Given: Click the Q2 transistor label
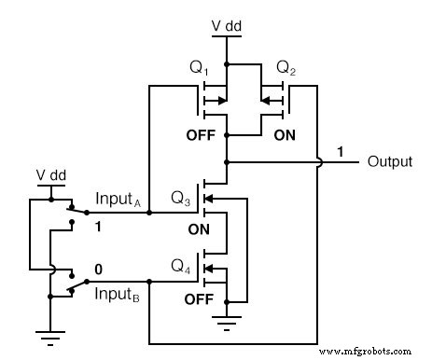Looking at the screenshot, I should [280, 70].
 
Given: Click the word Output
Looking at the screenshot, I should [390, 161].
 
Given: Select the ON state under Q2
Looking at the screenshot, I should [286, 134].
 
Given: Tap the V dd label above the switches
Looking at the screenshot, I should [49, 174].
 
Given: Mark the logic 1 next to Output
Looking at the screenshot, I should [341, 151].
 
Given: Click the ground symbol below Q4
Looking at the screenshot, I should [226, 324].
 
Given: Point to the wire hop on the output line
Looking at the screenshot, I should [319, 161].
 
